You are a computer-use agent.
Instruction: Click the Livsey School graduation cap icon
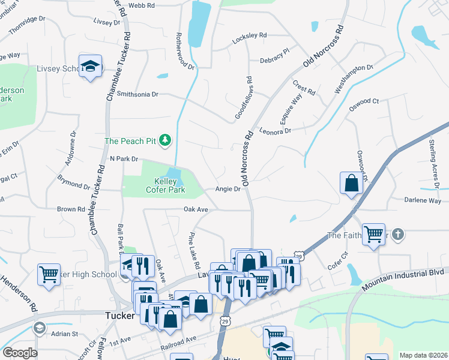(90, 67)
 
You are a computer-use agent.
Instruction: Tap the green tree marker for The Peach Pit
(165, 141)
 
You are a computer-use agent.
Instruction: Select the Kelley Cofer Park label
(165, 185)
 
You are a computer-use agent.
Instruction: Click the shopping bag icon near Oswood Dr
(351, 184)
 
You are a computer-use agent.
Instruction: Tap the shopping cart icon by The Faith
(374, 234)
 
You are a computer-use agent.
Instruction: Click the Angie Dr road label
(228, 189)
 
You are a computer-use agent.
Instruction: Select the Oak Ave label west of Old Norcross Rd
(196, 209)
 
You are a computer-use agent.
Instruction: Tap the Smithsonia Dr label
(137, 94)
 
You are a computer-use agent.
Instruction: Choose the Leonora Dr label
(275, 130)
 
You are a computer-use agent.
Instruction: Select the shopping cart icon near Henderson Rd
(49, 275)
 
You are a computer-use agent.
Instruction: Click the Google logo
(20, 353)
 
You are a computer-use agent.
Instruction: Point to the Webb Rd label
(142, 5)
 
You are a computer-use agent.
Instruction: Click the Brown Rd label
(71, 209)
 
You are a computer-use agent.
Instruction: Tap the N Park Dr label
(124, 159)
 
